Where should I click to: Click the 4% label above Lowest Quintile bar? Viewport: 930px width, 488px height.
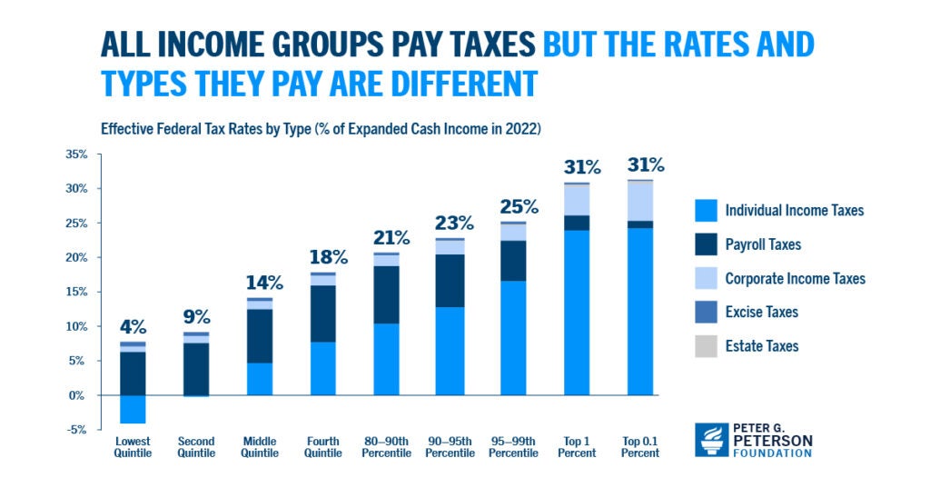click(133, 327)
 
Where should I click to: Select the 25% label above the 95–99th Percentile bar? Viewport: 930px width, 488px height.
click(518, 207)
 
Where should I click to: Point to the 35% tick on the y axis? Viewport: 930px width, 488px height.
click(76, 154)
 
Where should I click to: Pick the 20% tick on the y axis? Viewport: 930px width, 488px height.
click(76, 258)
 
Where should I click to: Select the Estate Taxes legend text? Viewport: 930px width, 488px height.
click(761, 346)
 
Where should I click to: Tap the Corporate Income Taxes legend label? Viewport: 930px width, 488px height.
click(795, 279)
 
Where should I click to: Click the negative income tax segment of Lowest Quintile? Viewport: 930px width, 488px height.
click(133, 409)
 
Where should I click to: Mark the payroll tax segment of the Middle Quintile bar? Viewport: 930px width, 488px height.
click(260, 336)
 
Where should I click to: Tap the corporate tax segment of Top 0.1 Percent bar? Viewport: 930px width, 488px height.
click(640, 201)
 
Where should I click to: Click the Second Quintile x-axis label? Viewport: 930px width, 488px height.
click(196, 447)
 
